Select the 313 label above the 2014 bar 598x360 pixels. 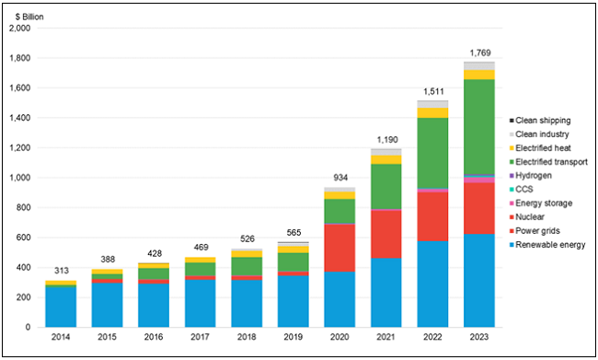57,271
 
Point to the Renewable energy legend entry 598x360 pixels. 549,244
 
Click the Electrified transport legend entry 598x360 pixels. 551,161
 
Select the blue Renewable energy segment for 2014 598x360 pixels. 57,306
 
